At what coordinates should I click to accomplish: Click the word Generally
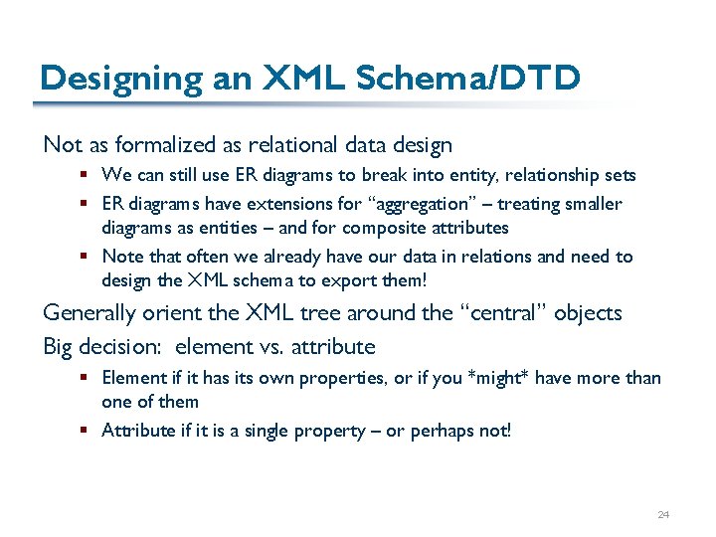point(90,313)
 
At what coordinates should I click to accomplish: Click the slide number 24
point(663,514)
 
